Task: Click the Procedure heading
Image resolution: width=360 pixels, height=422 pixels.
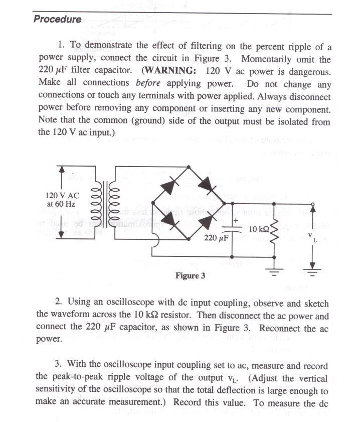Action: click(57, 20)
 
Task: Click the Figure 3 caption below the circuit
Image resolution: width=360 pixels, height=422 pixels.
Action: click(190, 275)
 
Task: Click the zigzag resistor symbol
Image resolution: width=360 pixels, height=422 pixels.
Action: click(274, 230)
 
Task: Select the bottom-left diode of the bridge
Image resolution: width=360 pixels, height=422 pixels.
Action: click(169, 221)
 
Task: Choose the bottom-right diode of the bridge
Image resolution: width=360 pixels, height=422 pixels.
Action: click(207, 221)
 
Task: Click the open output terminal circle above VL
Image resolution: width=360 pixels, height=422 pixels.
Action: click(313, 204)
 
